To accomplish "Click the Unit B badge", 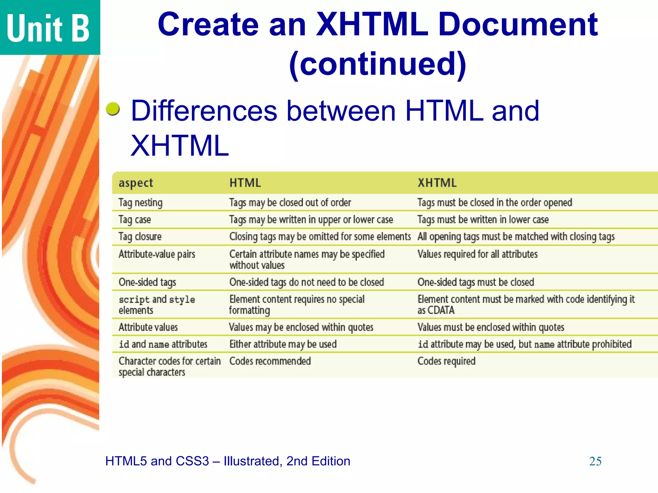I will click(48, 28).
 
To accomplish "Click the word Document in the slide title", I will click(518, 24).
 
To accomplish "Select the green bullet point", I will click(113, 109).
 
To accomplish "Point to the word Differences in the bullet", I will click(204, 111).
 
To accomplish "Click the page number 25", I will click(595, 461).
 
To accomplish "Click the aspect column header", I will click(136, 183).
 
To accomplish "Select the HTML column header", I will click(245, 183).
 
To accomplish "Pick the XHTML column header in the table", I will click(437, 183).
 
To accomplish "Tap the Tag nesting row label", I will click(140, 203).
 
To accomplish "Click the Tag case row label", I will click(135, 220).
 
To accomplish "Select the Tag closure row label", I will click(140, 237).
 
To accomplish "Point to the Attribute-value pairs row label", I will click(157, 254).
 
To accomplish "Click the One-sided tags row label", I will click(147, 282).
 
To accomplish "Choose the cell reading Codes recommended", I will click(270, 361).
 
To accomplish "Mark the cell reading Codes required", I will click(446, 361).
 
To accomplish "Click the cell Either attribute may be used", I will click(283, 344).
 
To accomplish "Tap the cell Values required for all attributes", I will click(477, 254).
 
